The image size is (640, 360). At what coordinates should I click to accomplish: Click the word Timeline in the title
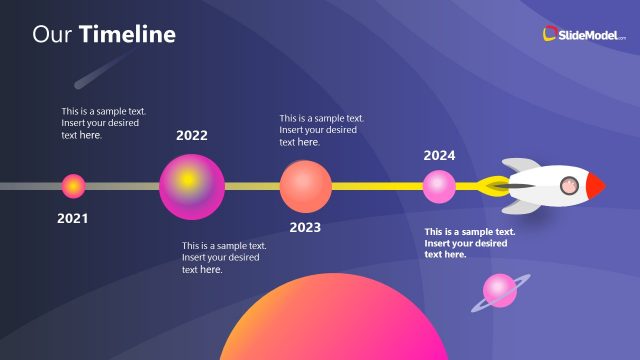pyautogui.click(x=127, y=35)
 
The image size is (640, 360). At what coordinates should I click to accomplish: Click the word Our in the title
pyautogui.click(x=52, y=35)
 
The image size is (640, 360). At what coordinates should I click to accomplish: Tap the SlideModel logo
pyautogui.click(x=584, y=34)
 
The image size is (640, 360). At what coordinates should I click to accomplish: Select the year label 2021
pyautogui.click(x=73, y=218)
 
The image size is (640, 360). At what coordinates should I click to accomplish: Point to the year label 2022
pyautogui.click(x=192, y=136)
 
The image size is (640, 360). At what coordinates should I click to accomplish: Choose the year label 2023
pyautogui.click(x=305, y=227)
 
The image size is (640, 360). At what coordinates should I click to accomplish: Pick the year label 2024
pyautogui.click(x=439, y=155)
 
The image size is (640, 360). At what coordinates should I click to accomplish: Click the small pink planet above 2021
pyautogui.click(x=73, y=186)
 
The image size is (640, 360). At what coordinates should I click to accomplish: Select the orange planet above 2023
pyautogui.click(x=305, y=186)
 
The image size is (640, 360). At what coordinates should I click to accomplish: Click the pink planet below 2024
pyautogui.click(x=439, y=186)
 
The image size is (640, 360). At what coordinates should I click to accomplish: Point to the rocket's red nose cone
pyautogui.click(x=596, y=185)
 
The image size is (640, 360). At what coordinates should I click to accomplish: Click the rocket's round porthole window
pyautogui.click(x=568, y=185)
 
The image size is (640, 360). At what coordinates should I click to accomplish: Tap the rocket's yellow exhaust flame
pyautogui.click(x=492, y=185)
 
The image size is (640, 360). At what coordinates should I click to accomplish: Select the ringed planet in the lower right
pyautogui.click(x=500, y=291)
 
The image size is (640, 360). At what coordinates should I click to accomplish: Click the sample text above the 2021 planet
pyautogui.click(x=100, y=123)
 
